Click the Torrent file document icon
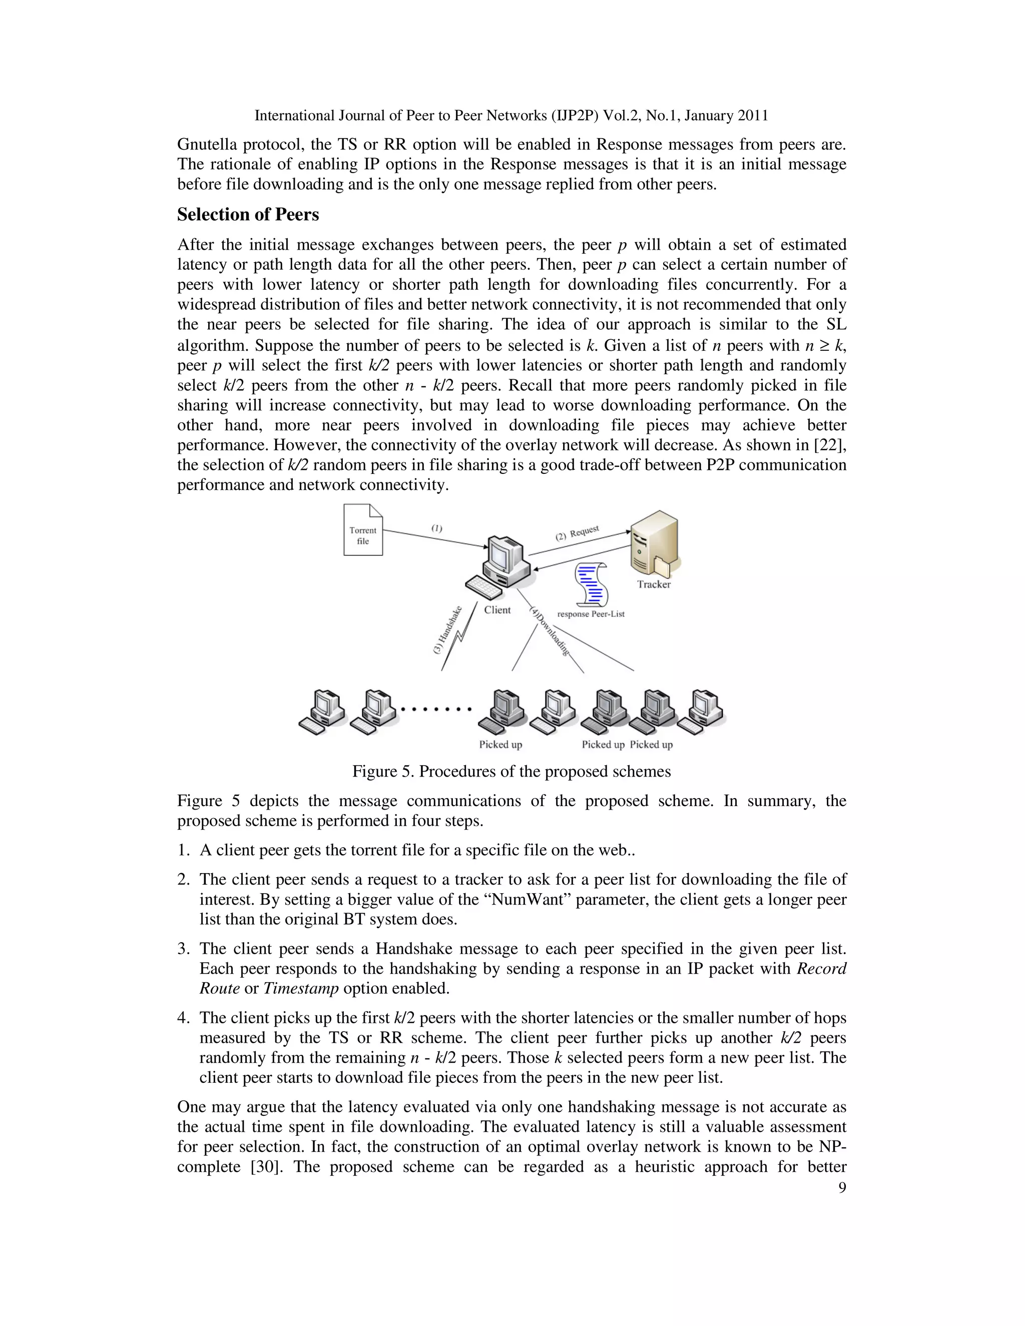363,530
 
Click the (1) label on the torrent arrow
436,528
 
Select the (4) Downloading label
550,631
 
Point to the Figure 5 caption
511,771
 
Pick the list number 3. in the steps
184,948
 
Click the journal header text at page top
511,116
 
